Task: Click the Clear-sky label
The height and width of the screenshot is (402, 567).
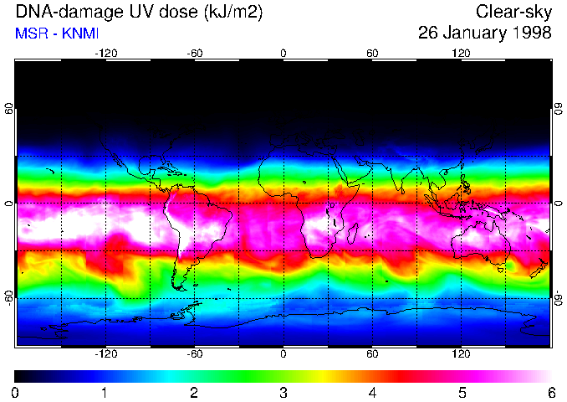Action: [x=513, y=12]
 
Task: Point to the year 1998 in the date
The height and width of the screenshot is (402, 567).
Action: [x=532, y=33]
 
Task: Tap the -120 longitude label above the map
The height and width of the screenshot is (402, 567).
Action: [x=105, y=53]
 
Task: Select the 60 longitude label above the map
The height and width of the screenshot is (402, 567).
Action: [x=372, y=53]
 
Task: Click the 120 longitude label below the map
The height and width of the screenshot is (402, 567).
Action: [x=461, y=354]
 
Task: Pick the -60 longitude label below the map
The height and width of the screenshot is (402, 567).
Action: [x=194, y=354]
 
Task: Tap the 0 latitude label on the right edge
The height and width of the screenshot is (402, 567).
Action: [x=559, y=204]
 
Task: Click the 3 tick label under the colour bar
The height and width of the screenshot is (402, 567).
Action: [x=283, y=392]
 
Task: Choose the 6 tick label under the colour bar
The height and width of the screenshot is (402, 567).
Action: [x=549, y=392]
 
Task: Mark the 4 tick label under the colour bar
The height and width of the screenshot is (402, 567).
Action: [x=372, y=392]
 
